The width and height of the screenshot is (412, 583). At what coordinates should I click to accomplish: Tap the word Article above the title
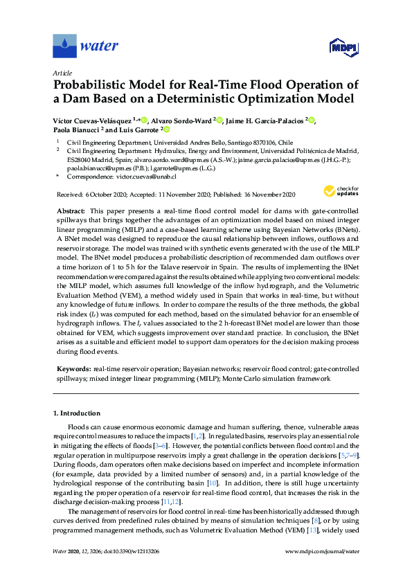[61, 72]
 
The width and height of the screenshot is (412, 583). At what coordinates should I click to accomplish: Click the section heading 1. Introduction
[79, 413]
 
